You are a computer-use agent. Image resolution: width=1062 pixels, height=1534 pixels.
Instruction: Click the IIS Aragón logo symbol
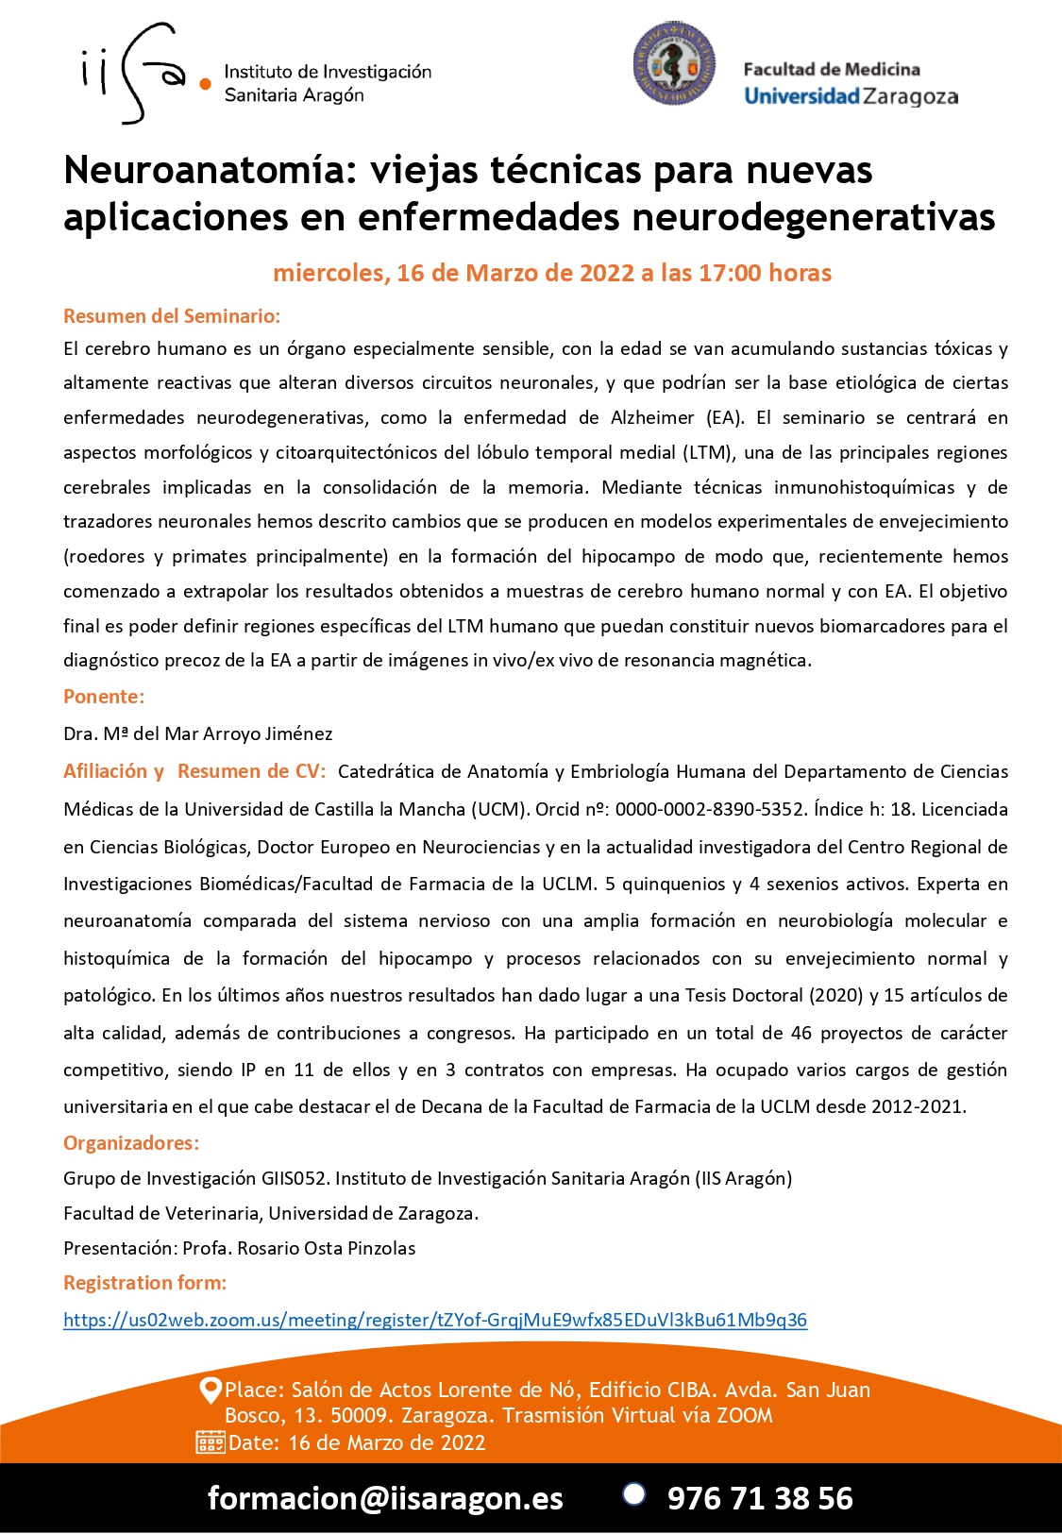142,74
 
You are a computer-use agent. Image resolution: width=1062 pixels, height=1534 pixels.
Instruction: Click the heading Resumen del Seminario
172,316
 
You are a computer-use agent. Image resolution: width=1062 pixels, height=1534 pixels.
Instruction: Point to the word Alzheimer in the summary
652,418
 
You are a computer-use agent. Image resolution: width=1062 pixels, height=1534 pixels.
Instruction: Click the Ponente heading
104,697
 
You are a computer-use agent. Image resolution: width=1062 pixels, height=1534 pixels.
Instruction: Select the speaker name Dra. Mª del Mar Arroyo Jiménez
198,733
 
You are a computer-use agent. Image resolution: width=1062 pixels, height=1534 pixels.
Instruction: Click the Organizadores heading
131,1143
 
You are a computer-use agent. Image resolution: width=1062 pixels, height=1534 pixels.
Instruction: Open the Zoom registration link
435,1320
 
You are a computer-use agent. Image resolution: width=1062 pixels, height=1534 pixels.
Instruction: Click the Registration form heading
145,1283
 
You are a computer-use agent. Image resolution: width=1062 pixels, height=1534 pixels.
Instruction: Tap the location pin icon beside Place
211,1391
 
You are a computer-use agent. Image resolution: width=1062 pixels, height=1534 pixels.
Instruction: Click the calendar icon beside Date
210,1442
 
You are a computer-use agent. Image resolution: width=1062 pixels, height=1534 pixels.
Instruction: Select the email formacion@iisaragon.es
385,1498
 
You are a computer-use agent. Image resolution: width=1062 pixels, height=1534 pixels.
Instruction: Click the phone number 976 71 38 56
760,1498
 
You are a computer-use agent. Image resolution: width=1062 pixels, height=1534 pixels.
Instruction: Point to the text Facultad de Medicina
832,69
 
